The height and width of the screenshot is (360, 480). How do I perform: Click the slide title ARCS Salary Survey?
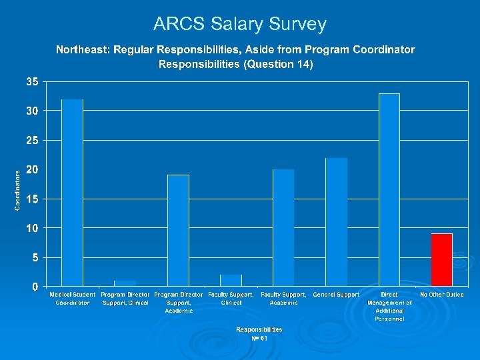coord(240,25)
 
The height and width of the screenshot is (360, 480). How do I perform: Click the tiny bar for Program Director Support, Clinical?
coord(125,283)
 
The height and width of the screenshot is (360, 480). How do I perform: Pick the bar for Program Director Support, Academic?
coord(178,230)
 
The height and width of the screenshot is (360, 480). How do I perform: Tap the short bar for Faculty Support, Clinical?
coord(231,280)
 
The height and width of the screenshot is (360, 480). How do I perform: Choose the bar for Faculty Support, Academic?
coord(283,227)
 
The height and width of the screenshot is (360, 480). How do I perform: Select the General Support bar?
coord(336,221)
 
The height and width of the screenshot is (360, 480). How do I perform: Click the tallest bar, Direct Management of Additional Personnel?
coord(389,189)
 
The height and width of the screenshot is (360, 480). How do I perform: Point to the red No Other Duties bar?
coord(441,259)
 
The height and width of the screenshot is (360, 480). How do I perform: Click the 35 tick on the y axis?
coord(32,82)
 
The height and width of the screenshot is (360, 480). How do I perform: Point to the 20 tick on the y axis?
coord(32,170)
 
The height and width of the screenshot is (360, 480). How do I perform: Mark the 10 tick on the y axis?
coord(32,228)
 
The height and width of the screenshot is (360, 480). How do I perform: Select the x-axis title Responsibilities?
coord(259,329)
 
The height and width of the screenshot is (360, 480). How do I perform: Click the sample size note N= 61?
coord(259,338)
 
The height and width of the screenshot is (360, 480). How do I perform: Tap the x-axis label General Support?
coord(336,295)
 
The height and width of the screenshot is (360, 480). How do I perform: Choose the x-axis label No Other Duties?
coord(442,295)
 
